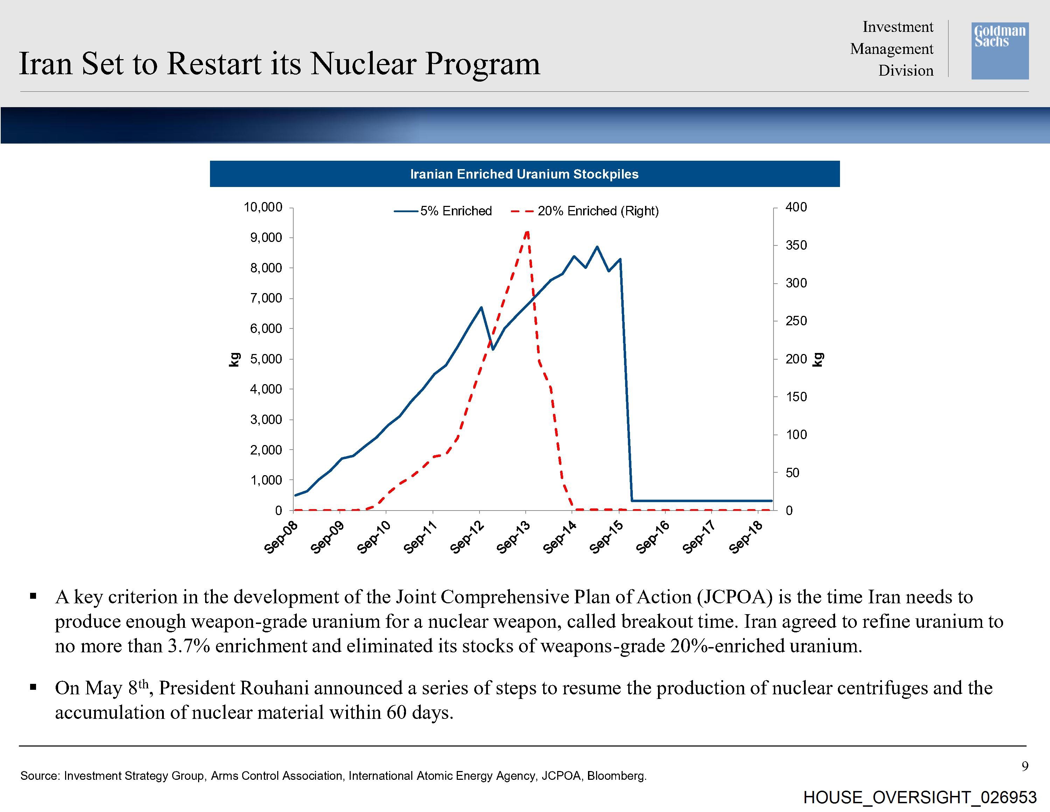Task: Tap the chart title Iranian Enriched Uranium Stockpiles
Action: [524, 174]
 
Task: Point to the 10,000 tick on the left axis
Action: [263, 207]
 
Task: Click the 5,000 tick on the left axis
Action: [266, 359]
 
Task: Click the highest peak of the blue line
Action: [597, 247]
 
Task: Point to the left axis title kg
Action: [234, 359]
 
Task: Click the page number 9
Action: [1025, 766]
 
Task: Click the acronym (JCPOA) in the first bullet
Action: [735, 597]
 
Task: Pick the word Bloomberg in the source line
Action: [617, 776]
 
